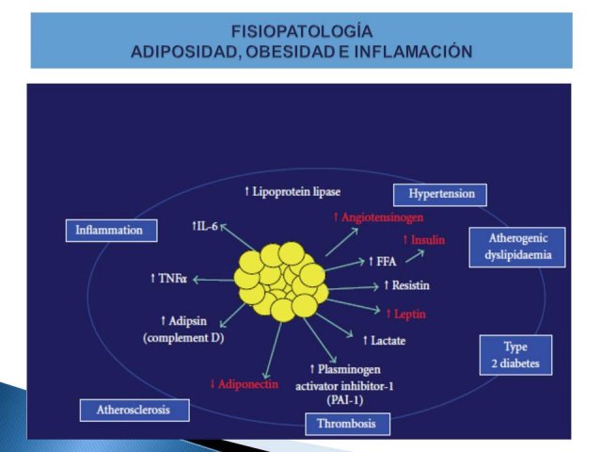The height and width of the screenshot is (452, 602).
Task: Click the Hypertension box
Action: (440, 195)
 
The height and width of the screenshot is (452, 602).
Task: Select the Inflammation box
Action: (111, 231)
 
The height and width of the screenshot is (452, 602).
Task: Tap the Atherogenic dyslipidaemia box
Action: (517, 247)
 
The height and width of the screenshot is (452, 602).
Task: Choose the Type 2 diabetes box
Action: (515, 355)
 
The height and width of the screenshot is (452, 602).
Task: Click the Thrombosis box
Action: (347, 424)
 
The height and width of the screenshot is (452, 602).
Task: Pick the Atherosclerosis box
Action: (135, 411)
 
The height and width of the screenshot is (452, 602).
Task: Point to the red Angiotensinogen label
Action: (378, 218)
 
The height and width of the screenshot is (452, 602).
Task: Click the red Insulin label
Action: (424, 240)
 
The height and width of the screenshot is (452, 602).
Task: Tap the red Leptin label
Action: (406, 314)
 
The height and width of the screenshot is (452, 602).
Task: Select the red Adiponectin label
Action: (245, 384)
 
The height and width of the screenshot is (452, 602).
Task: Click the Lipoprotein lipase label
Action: (293, 191)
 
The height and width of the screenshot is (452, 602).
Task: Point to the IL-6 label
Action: (205, 226)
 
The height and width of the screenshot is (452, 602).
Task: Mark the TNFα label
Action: (169, 279)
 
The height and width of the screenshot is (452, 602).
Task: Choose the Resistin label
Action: (407, 285)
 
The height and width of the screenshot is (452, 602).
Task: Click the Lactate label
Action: (385, 341)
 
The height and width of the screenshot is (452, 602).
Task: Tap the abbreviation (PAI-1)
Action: (345, 400)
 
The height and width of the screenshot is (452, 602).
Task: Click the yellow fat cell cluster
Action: (282, 282)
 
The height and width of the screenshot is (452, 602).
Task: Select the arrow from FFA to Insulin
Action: (415, 256)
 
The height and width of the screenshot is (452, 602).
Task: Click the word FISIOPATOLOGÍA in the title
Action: (302, 31)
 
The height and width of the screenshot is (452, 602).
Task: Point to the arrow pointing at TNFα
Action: (214, 280)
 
